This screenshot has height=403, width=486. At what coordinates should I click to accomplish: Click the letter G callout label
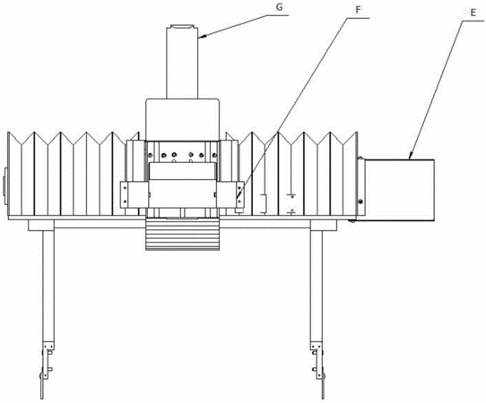click(279, 7)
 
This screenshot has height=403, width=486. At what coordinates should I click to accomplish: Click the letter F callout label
click(358, 10)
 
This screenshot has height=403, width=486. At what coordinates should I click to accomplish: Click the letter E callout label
click(473, 13)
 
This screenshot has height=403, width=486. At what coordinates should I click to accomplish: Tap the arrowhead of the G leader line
click(201, 37)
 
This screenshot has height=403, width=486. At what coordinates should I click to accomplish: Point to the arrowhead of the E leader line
click(411, 157)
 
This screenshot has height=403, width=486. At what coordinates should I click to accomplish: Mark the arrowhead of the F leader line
click(238, 196)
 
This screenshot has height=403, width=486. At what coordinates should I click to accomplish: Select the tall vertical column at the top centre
click(182, 62)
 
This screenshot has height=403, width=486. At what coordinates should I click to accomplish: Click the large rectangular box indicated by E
click(400, 191)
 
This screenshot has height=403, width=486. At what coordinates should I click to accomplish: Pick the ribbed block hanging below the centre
click(183, 234)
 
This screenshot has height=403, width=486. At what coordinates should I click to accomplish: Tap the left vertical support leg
click(48, 286)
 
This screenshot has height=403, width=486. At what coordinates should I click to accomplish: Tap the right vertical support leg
click(317, 286)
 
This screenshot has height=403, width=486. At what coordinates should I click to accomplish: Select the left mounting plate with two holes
click(124, 194)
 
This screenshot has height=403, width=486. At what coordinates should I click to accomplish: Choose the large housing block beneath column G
click(183, 119)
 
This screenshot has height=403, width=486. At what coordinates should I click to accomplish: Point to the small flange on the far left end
click(5, 186)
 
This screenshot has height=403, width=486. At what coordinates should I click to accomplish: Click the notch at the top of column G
click(183, 27)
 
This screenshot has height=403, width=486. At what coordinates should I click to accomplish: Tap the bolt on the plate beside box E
click(360, 201)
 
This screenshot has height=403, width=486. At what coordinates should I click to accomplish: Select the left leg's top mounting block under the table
click(41, 226)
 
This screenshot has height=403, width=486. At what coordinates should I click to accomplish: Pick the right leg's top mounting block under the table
click(324, 226)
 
